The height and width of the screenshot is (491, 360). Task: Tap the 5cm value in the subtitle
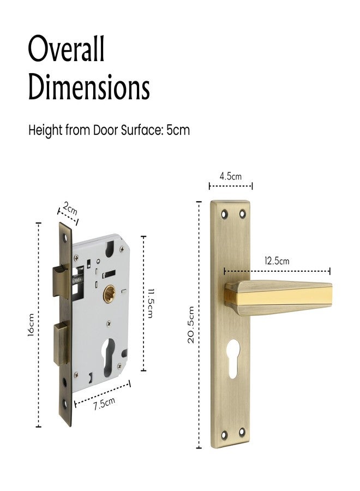point(178,130)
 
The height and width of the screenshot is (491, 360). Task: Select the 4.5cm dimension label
point(230,176)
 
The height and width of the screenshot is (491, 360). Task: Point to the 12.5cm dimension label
point(277,261)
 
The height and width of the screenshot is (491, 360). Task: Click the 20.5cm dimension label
point(191,325)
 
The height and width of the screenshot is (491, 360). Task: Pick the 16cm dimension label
point(31,325)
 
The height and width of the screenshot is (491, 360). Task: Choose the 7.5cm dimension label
point(104,403)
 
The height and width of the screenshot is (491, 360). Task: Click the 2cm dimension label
point(70,208)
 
